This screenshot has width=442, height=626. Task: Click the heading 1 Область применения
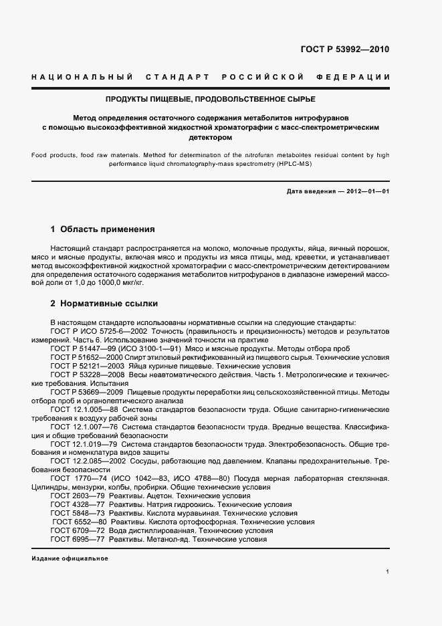point(103,229)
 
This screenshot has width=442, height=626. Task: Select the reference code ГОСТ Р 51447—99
point(82,348)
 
